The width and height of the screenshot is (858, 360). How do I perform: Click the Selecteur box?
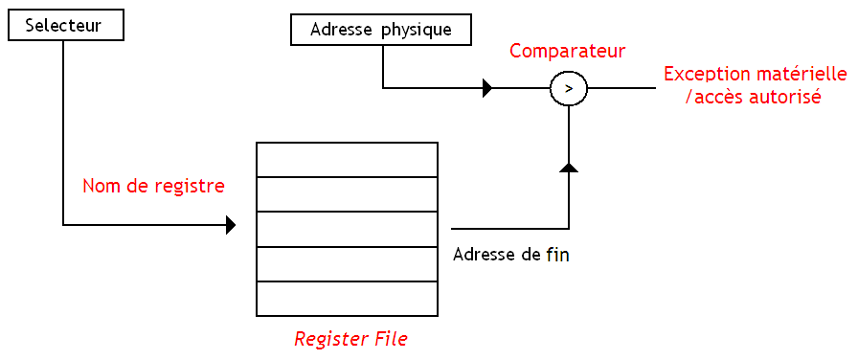[x=66, y=26]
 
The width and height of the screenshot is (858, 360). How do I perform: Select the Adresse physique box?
[x=381, y=30]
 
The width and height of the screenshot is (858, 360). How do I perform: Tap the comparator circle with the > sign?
[x=569, y=89]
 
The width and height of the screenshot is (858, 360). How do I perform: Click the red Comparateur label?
[x=567, y=51]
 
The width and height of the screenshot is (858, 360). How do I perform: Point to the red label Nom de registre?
[x=153, y=186]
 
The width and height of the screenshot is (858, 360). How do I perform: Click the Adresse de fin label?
[x=510, y=256]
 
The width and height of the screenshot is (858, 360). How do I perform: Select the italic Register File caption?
[x=350, y=339]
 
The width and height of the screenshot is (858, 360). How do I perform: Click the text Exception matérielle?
[x=755, y=74]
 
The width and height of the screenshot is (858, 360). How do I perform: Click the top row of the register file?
[x=347, y=160]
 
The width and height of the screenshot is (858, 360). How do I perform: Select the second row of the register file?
[x=347, y=194]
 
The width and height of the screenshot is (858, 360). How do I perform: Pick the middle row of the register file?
[x=347, y=229]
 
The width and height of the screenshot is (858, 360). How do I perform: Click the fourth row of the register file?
[x=347, y=263]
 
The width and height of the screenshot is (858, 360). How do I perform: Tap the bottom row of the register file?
[x=347, y=298]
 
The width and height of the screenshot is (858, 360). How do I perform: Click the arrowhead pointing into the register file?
[x=231, y=226]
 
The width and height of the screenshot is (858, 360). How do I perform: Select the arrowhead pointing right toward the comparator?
[x=487, y=89]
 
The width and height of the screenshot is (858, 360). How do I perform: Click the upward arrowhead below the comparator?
[x=569, y=168]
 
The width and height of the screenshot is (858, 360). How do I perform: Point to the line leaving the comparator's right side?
[x=621, y=89]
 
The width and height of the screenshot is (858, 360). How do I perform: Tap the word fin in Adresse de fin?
[x=557, y=256]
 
